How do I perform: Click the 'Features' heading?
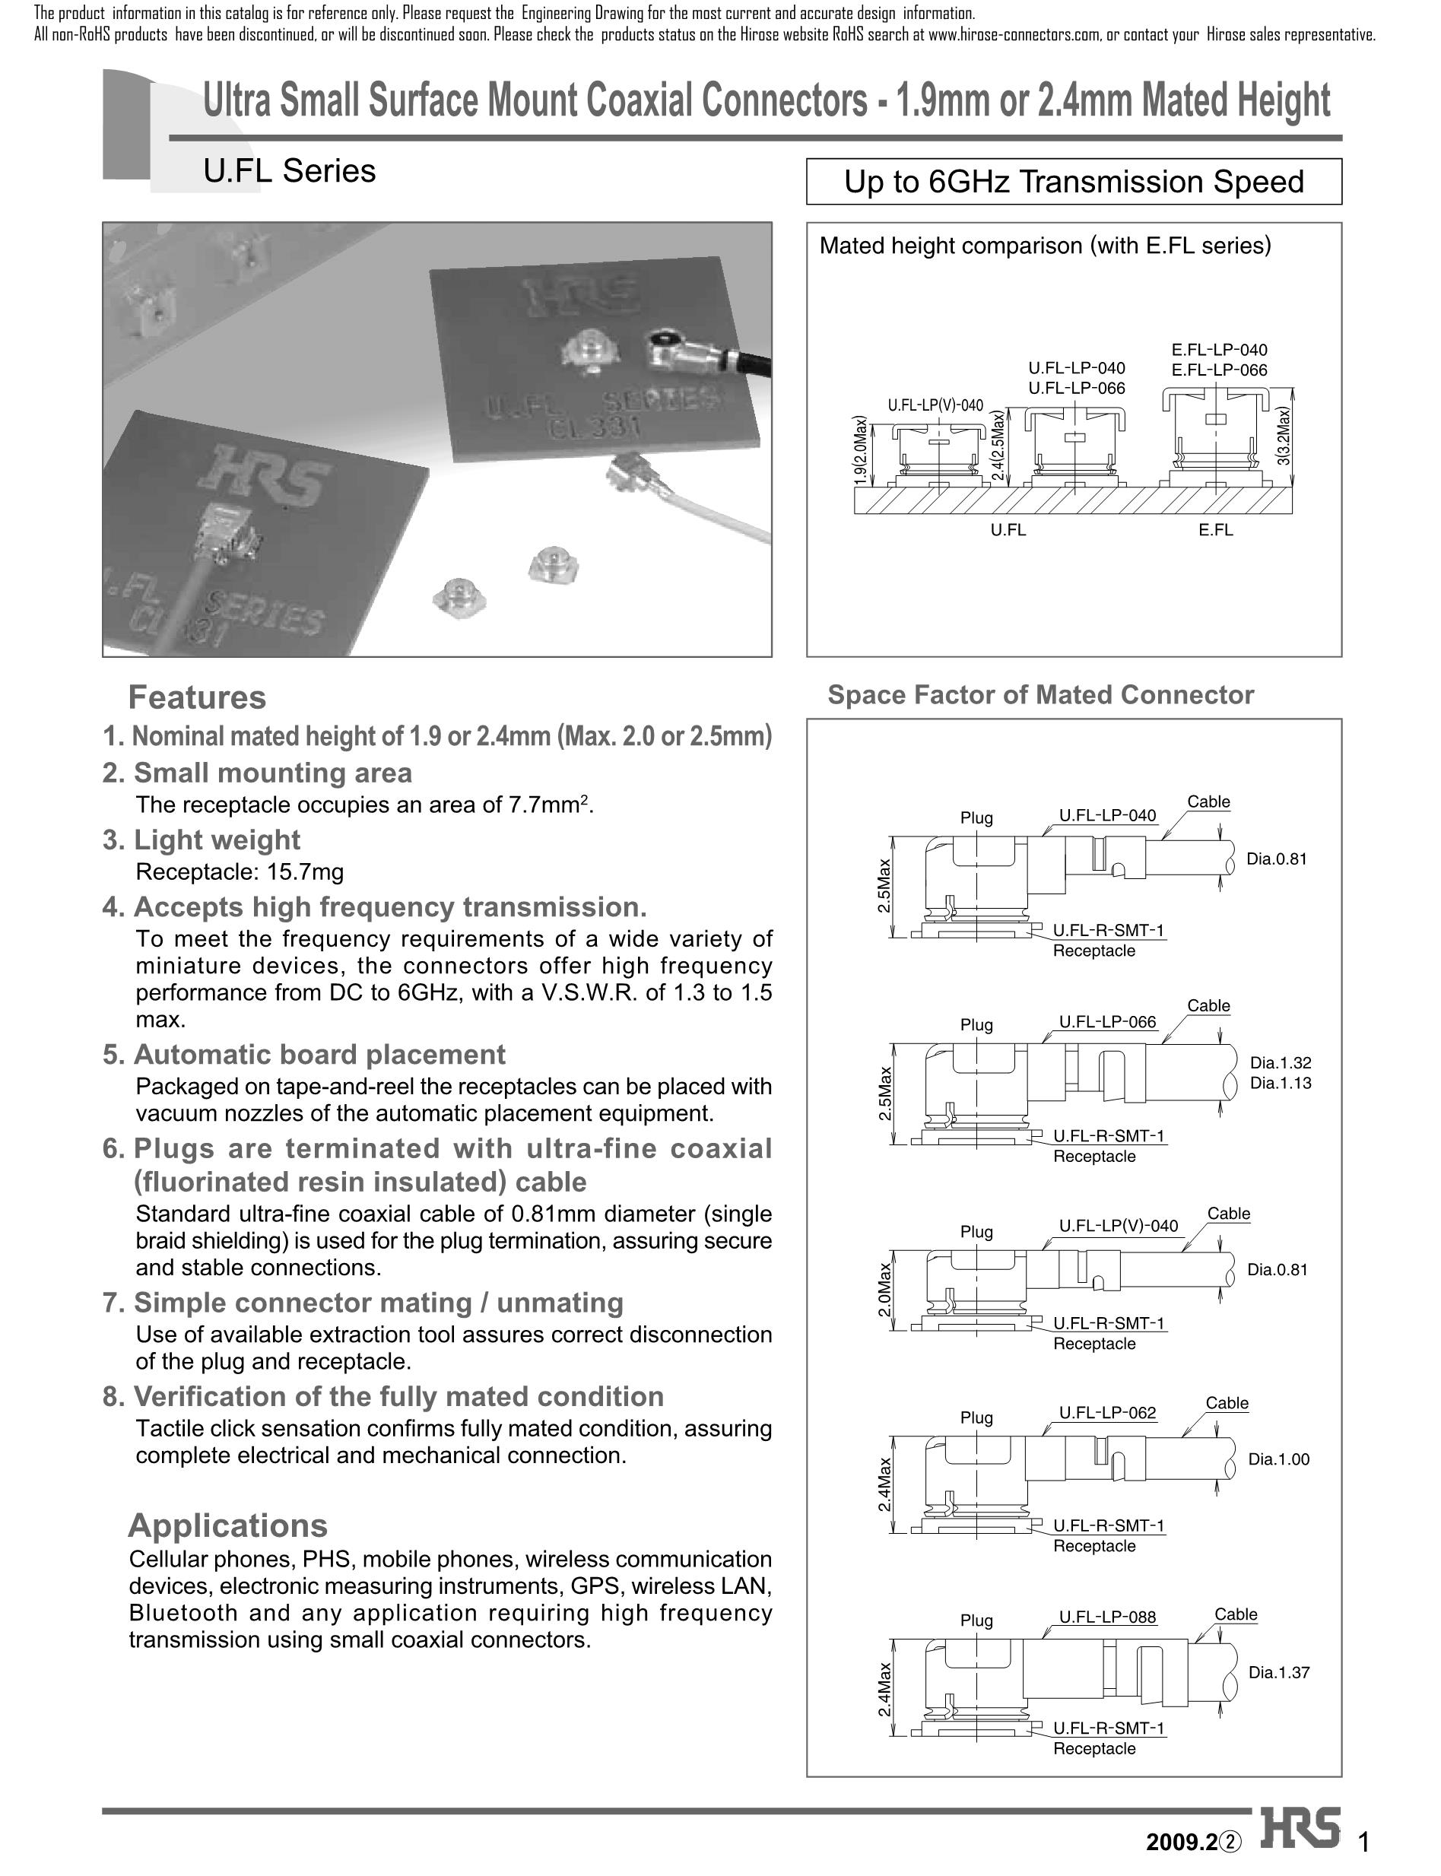(x=196, y=697)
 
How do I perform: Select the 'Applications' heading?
(x=227, y=1526)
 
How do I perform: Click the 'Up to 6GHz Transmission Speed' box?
(x=1073, y=182)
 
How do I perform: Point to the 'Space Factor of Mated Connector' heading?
(x=1039, y=695)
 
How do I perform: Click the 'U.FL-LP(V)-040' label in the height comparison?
(x=934, y=405)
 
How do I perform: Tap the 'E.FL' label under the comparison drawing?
(x=1215, y=530)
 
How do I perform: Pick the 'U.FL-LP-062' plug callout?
(x=1106, y=1413)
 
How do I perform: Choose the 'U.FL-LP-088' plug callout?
(x=1106, y=1617)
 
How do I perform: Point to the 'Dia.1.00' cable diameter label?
(x=1278, y=1460)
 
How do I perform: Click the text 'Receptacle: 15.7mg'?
(x=240, y=872)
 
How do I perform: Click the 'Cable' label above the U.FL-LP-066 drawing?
(x=1208, y=1005)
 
